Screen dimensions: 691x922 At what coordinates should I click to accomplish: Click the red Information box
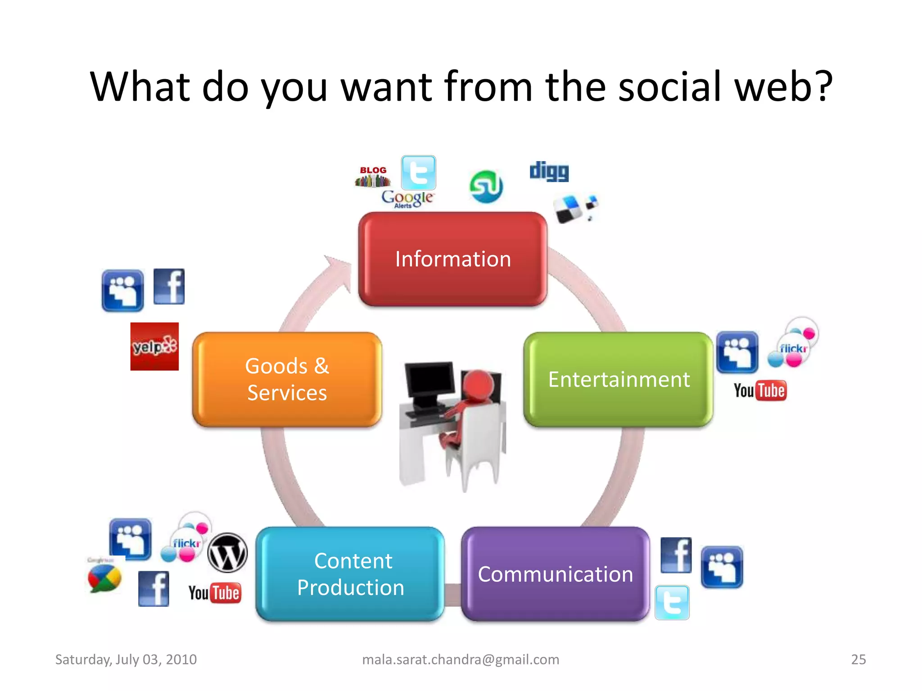453,259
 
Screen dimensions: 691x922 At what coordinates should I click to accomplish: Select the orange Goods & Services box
287,379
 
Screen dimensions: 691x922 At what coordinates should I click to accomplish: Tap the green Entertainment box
619,379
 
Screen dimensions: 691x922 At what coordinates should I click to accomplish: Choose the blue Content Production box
350,574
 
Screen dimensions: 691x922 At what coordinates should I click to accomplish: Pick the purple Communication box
556,574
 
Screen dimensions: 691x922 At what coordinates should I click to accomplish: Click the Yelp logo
154,346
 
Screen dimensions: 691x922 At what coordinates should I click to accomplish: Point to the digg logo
549,171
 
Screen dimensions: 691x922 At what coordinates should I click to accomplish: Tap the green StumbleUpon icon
486,186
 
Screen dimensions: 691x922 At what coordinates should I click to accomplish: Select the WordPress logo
228,552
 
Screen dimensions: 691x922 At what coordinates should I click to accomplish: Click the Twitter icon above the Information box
419,173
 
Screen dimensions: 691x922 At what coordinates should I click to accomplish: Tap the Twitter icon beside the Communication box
672,602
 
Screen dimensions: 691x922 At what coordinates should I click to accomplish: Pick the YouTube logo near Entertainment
760,390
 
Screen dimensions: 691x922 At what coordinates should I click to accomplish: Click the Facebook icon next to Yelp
169,287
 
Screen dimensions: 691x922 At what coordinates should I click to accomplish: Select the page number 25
858,660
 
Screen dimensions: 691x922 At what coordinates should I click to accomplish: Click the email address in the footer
461,660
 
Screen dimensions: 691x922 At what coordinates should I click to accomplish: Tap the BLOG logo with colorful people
373,177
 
